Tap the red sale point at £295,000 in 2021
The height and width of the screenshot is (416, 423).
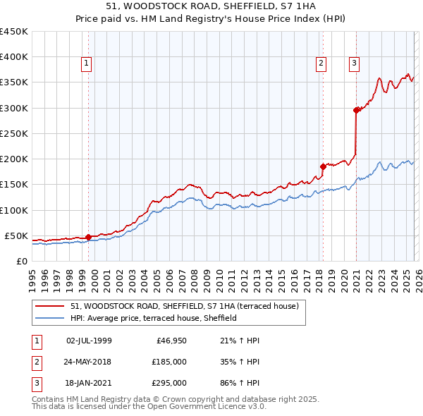click(x=356, y=110)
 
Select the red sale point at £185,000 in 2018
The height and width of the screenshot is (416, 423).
click(x=323, y=166)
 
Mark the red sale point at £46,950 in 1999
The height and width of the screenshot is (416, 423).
click(x=88, y=237)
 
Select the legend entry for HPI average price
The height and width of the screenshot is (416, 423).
click(x=153, y=318)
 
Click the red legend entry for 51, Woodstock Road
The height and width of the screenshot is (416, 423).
click(x=184, y=306)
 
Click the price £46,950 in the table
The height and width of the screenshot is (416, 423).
click(x=171, y=341)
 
